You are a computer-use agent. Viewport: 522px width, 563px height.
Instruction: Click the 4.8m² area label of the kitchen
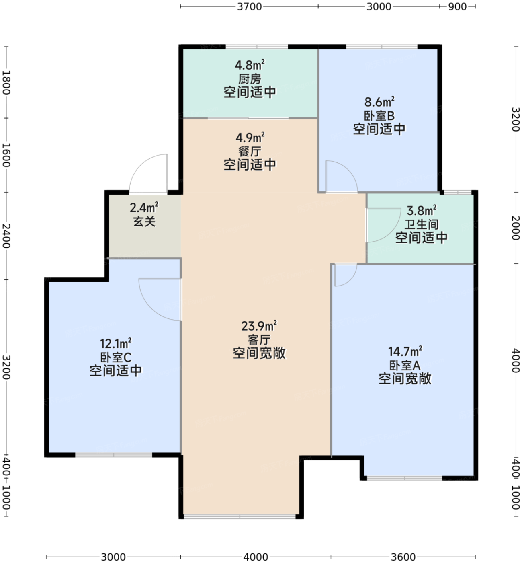(x=250, y=65)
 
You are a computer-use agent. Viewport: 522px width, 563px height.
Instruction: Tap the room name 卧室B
(x=379, y=116)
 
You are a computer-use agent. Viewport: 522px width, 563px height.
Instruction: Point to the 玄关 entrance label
(x=144, y=222)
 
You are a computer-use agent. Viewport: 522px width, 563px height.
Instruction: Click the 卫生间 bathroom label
(x=422, y=224)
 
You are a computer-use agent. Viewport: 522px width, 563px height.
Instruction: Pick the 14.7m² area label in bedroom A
(x=405, y=351)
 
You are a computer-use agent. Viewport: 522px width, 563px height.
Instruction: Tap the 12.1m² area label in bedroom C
(x=116, y=343)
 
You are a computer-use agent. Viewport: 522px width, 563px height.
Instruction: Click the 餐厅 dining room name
(x=250, y=152)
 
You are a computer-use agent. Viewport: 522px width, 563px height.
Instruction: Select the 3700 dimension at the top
(x=250, y=6)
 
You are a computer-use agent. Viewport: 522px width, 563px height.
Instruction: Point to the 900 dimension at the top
(x=457, y=6)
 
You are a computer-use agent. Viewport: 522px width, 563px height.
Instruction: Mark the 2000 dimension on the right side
(x=516, y=228)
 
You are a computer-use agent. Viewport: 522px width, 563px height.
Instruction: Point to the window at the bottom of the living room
(x=240, y=516)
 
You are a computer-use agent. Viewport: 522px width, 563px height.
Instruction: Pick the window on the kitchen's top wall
(x=257, y=47)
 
